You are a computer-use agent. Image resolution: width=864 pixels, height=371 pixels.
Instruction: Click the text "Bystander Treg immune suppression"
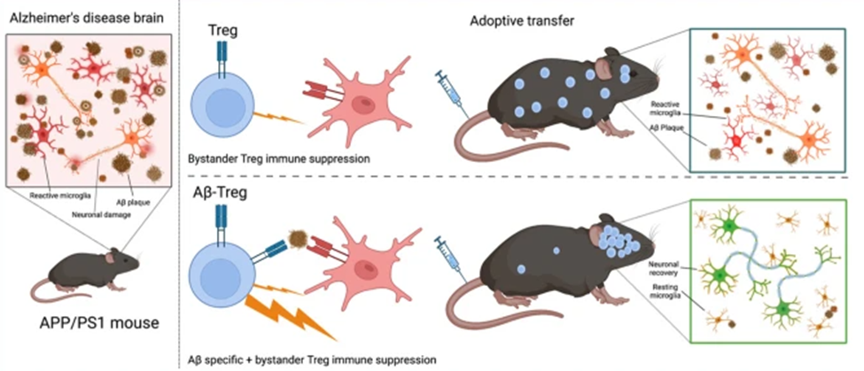coord(267,159)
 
